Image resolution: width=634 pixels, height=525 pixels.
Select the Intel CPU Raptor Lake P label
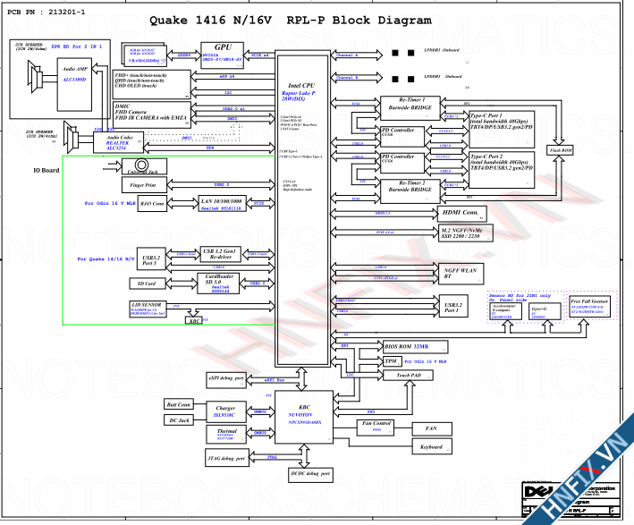click(x=300, y=90)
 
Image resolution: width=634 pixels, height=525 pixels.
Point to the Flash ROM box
click(x=560, y=150)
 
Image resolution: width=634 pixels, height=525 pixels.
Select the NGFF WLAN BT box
click(x=461, y=273)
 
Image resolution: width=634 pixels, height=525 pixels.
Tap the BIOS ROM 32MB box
click(x=405, y=345)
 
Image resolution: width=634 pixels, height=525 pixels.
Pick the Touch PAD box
click(x=410, y=377)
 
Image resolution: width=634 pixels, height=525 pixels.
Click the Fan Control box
click(x=376, y=425)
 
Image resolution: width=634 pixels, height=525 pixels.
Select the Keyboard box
click(x=430, y=446)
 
